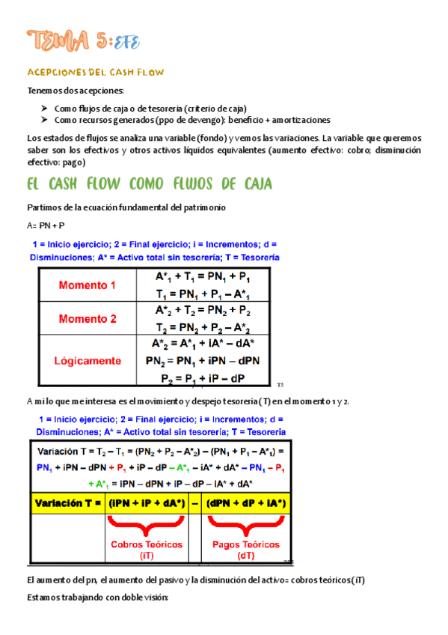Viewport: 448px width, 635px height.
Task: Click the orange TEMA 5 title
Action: coord(82,40)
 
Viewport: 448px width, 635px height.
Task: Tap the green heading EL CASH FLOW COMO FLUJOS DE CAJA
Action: coord(150,184)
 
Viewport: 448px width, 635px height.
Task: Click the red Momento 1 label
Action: coord(88,285)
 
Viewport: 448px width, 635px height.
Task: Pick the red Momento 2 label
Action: coord(88,318)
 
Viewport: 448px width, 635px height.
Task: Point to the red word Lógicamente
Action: coord(88,360)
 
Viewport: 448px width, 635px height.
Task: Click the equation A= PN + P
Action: coord(46,225)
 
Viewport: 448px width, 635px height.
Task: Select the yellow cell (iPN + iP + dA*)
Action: coord(147,502)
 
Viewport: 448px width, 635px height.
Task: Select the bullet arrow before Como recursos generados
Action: coord(46,120)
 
